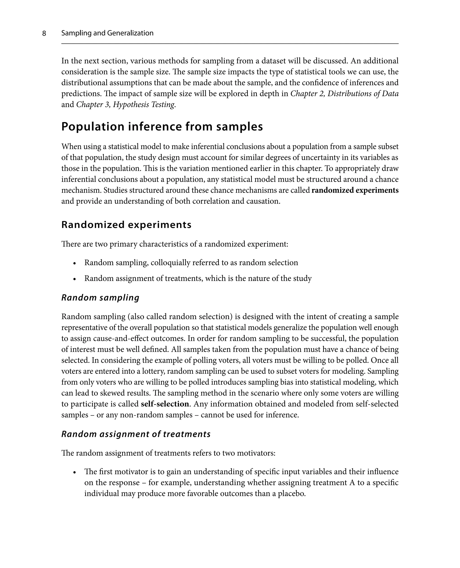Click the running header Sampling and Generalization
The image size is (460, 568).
(x=107, y=33)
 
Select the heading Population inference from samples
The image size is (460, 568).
(x=162, y=127)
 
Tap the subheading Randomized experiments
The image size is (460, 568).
(x=126, y=225)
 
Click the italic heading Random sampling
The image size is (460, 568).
(x=100, y=298)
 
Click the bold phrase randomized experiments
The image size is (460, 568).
(x=355, y=190)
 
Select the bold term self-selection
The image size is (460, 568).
(x=165, y=404)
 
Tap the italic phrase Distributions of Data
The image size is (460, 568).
(x=363, y=94)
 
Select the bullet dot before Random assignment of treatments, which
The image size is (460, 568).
(x=75, y=279)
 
